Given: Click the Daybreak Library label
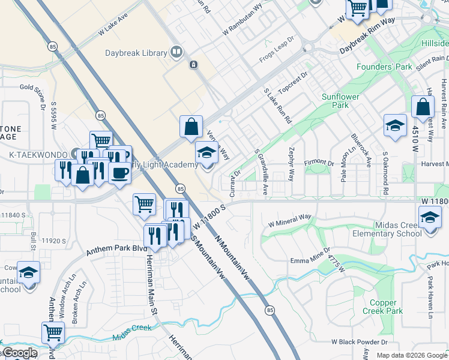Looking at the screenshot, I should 137,53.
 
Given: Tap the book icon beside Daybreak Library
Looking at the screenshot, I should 176,53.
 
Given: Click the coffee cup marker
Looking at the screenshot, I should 119,172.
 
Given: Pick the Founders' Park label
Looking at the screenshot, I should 384,67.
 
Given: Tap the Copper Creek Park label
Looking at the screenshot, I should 383,307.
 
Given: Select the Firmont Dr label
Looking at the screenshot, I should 319,163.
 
